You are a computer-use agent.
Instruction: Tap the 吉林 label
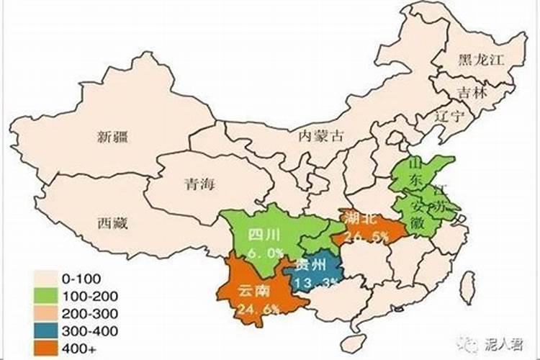pyautogui.click(x=472, y=92)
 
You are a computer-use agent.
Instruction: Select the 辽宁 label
pyautogui.click(x=450, y=116)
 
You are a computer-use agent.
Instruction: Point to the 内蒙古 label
pyautogui.click(x=321, y=135)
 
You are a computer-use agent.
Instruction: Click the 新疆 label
pyautogui.click(x=112, y=136)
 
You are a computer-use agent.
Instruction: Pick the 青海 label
pyautogui.click(x=199, y=184)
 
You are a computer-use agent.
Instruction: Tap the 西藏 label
pyautogui.click(x=112, y=223)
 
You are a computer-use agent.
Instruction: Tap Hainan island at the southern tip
pyautogui.click(x=352, y=343)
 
